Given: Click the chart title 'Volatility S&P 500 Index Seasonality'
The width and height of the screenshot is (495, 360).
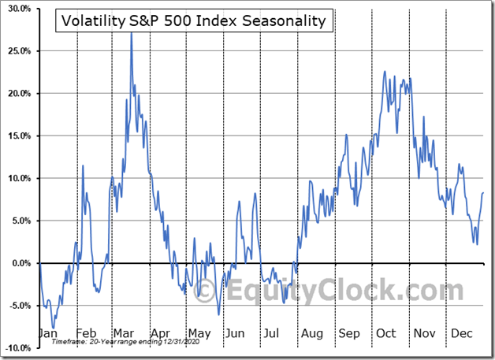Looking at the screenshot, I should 194,21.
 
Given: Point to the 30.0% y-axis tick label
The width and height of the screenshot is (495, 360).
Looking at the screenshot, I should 17,9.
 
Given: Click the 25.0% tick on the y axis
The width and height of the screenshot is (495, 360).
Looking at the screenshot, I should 17,51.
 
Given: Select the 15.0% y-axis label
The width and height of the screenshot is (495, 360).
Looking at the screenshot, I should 17,135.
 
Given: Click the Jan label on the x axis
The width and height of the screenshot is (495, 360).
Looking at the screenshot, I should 47,333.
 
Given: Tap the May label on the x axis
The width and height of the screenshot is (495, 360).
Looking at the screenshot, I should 199,333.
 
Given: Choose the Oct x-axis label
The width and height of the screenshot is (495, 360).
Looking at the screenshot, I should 385,333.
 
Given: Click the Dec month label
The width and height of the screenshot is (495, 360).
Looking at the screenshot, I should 463,333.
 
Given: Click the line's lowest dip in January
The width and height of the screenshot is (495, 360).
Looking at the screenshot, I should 54,328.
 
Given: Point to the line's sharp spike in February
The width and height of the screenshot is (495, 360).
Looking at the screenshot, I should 83,166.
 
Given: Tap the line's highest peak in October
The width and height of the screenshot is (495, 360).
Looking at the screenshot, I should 384,72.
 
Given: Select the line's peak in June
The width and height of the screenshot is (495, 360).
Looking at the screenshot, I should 255,193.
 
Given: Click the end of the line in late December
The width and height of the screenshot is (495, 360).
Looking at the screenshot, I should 482,193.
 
